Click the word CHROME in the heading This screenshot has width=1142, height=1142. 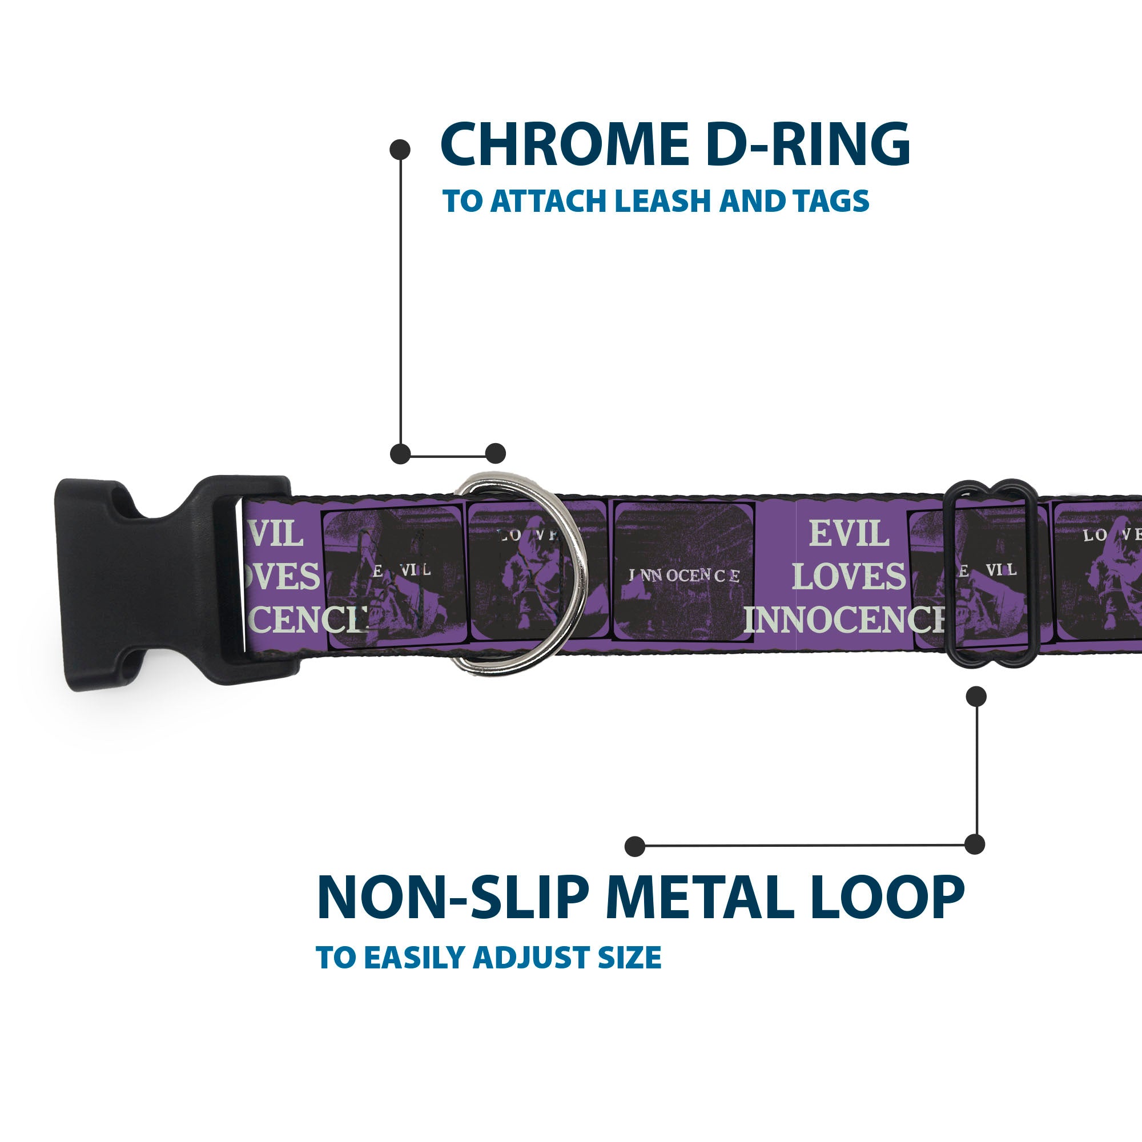(x=564, y=145)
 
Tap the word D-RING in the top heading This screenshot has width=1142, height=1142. (x=807, y=145)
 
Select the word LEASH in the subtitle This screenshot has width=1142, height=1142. (x=665, y=202)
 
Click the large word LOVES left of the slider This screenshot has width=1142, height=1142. (x=849, y=576)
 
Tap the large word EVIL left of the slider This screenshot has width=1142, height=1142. (x=849, y=534)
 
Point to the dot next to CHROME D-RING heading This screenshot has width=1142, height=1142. (x=400, y=150)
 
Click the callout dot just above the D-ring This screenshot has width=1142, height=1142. (x=495, y=453)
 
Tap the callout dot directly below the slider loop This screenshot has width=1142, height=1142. (x=976, y=696)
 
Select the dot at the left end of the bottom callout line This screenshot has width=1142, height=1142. (x=634, y=846)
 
